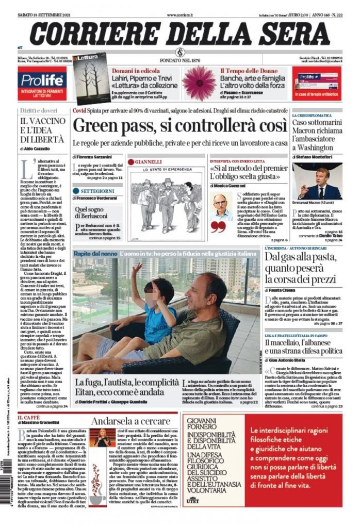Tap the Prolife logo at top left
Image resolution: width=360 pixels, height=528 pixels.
[41, 80]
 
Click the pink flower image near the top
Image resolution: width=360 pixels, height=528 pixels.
[199, 82]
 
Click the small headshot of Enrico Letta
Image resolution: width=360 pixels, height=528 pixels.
[221, 206]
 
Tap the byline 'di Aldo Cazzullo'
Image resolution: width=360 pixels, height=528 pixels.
[36, 148]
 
